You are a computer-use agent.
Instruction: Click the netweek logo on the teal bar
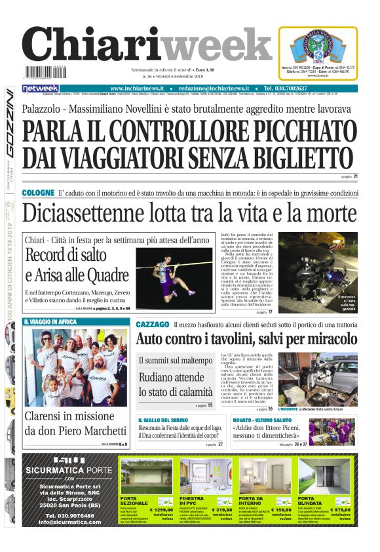41,89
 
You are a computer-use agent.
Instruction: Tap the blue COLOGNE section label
38,193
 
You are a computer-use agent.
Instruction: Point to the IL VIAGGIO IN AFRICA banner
50,322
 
